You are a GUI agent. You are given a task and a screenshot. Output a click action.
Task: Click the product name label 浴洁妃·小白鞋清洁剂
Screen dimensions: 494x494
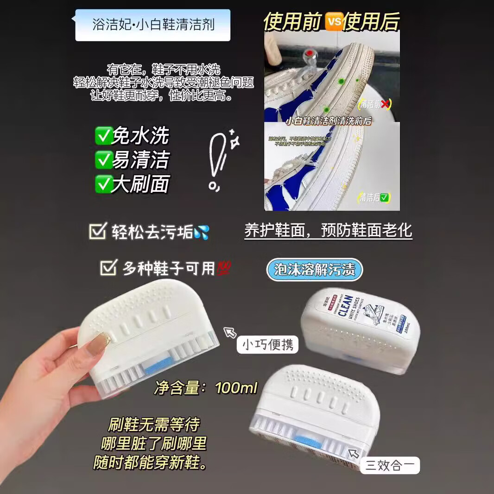pyautogui.click(x=153, y=25)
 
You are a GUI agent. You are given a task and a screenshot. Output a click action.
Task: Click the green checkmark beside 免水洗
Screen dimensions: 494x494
pyautogui.click(x=102, y=135)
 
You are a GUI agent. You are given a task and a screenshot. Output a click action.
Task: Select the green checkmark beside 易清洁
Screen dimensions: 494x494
pyautogui.click(x=102, y=160)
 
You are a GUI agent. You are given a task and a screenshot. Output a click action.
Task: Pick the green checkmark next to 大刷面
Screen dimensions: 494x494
pyautogui.click(x=102, y=184)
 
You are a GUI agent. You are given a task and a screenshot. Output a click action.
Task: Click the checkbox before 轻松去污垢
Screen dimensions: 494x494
pyautogui.click(x=97, y=231)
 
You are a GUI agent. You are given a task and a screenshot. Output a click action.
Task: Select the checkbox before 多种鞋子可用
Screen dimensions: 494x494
pyautogui.click(x=108, y=268)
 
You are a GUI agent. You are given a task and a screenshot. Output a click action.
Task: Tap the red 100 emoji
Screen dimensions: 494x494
pyautogui.click(x=224, y=268)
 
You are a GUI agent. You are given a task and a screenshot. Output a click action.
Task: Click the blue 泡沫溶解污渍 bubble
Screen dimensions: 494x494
pyautogui.click(x=314, y=270)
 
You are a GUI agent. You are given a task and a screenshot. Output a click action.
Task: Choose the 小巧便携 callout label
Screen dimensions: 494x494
pyautogui.click(x=267, y=345)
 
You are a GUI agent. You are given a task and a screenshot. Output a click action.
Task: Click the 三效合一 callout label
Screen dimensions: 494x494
pyautogui.click(x=390, y=465)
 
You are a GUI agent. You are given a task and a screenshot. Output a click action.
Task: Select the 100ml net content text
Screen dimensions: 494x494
pyautogui.click(x=236, y=388)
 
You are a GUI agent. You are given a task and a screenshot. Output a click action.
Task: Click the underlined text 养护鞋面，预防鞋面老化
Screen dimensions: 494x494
pyautogui.click(x=328, y=231)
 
